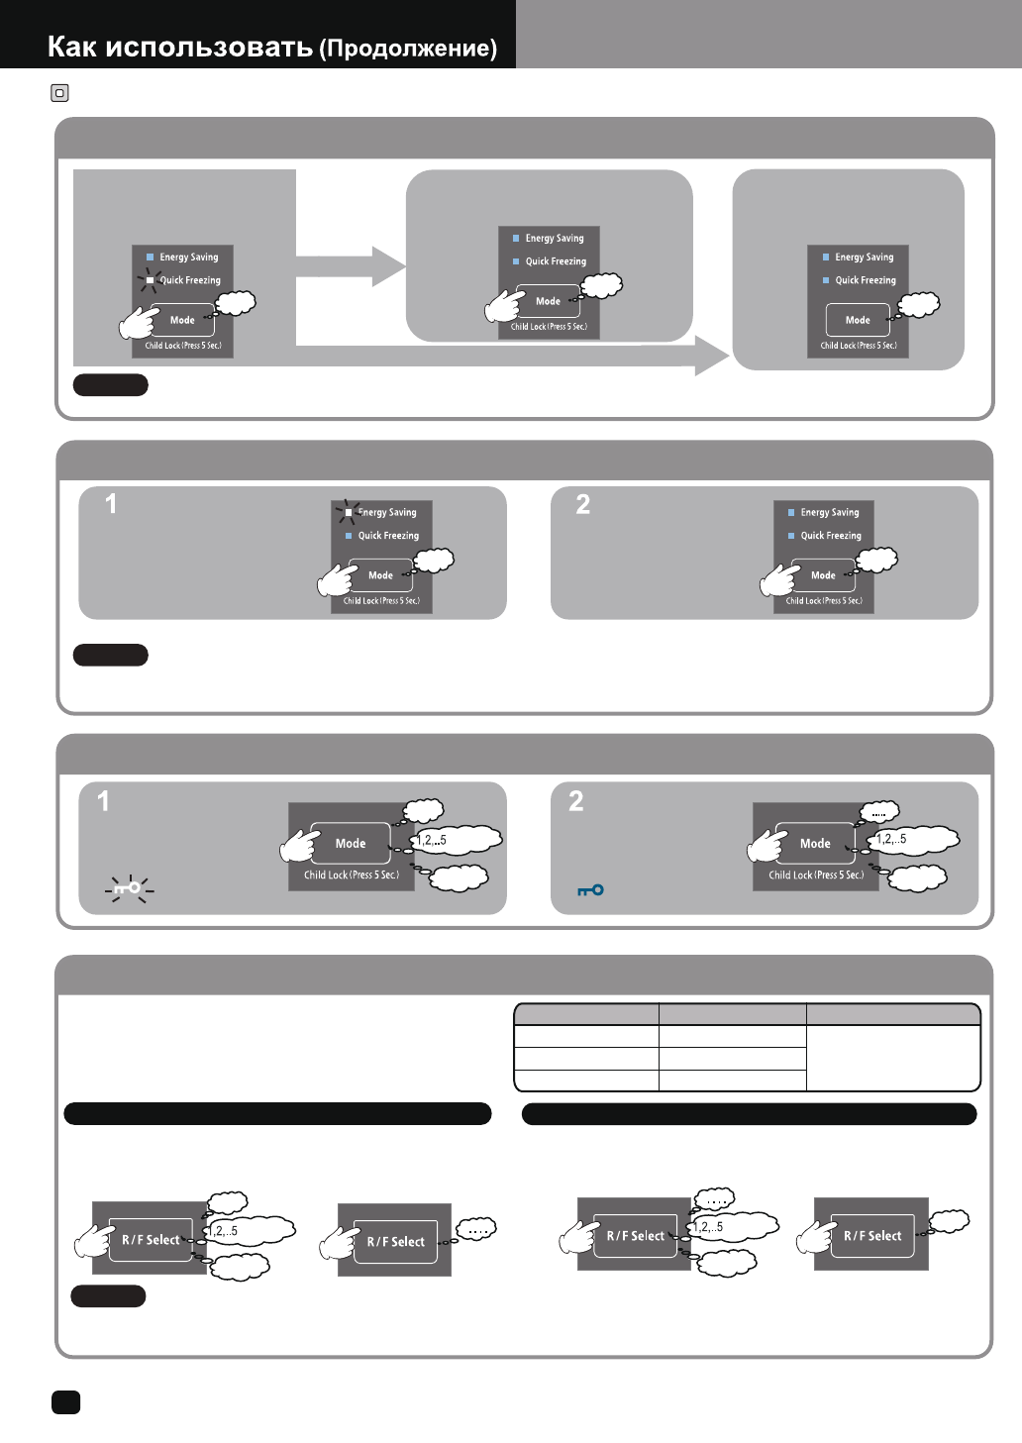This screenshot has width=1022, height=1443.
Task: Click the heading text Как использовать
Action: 180,47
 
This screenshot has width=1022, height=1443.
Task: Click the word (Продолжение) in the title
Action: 408,49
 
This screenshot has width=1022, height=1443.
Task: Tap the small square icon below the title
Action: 59,94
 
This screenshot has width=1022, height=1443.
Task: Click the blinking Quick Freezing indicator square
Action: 150,280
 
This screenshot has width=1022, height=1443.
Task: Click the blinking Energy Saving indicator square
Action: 348,512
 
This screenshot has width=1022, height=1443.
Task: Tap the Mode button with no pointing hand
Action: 858,320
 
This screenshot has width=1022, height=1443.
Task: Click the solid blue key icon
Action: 590,890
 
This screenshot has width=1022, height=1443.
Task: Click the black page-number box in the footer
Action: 65,1401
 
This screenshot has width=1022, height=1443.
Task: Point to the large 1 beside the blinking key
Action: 104,801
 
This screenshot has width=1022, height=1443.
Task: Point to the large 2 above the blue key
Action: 576,801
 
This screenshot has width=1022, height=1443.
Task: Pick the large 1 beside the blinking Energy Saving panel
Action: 111,504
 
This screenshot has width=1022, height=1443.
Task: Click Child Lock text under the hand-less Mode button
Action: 858,346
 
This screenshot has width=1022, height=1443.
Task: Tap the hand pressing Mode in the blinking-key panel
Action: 299,845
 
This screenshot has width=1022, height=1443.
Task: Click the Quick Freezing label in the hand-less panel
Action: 865,280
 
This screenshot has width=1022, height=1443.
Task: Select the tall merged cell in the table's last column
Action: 893,1058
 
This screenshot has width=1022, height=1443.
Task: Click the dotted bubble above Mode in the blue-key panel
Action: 878,812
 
